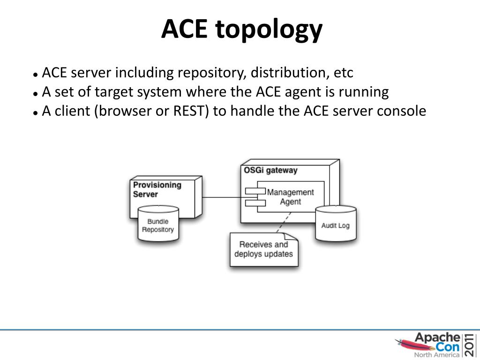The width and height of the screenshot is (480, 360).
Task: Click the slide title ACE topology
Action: tap(242, 29)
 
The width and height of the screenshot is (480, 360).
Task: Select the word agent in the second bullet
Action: tap(301, 92)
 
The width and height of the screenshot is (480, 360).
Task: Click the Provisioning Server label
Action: tap(157, 189)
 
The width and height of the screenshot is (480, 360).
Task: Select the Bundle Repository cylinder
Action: tap(158, 225)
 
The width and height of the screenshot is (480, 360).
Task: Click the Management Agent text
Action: tap(290, 197)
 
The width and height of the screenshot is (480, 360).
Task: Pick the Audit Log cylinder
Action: tap(335, 225)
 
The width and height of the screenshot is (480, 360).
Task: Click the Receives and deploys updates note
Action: tap(263, 249)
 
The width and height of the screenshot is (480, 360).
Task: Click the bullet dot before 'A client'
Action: tap(36, 113)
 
